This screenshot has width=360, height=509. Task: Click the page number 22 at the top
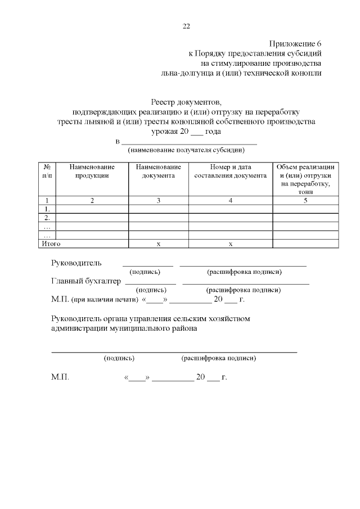(186, 26)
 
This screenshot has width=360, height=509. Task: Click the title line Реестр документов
(186, 102)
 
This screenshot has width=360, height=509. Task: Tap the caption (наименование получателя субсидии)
(186, 150)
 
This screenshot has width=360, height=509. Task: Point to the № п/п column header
(48, 171)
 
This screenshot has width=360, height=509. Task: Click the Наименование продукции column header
(92, 171)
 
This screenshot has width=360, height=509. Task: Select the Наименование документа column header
(158, 171)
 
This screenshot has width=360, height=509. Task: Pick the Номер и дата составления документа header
(230, 171)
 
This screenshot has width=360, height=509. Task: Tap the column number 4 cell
(230, 200)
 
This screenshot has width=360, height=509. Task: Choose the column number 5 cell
(305, 200)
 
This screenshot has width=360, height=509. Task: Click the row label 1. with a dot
(47, 209)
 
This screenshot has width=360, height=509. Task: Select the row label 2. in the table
(47, 218)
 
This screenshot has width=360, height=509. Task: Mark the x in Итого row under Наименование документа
(158, 244)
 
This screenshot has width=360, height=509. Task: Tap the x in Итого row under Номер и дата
(230, 244)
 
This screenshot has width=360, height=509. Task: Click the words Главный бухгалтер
(85, 281)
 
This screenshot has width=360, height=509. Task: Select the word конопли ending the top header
(306, 73)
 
